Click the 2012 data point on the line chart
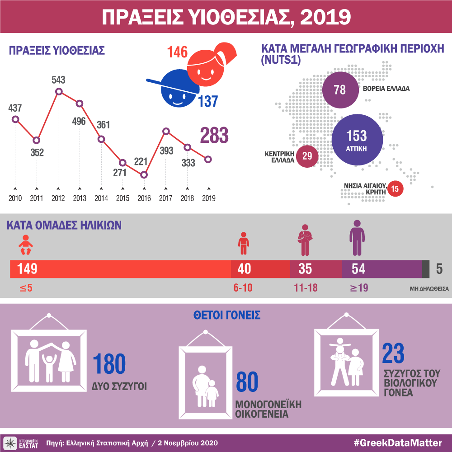[58, 92]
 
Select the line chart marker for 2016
[144, 174]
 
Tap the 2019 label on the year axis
[208, 198]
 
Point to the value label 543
[58, 80]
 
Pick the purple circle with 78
[339, 89]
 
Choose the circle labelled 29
[307, 156]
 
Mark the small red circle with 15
[395, 189]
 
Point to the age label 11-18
[305, 288]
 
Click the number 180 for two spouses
[109, 365]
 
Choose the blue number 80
[247, 382]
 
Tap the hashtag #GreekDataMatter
[397, 442]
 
